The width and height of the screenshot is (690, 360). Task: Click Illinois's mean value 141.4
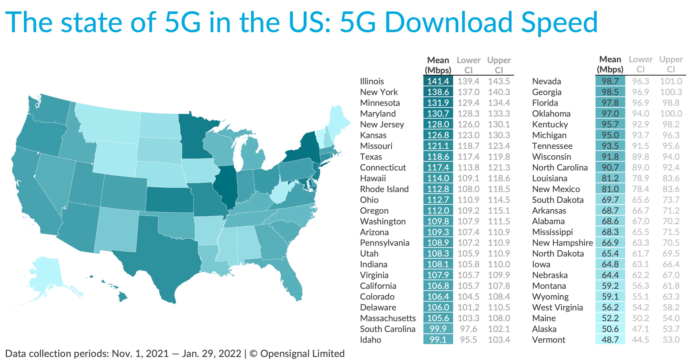click(438, 81)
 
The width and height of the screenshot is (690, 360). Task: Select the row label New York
click(379, 92)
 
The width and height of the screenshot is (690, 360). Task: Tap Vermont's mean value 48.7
click(610, 340)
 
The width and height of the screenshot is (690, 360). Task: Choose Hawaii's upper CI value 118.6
click(499, 178)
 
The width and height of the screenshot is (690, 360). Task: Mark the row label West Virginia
click(557, 307)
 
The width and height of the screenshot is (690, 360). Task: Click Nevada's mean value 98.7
click(610, 81)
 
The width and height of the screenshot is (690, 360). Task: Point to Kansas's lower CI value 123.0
click(468, 135)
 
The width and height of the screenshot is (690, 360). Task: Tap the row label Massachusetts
click(388, 318)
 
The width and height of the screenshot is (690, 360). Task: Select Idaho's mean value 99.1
click(438, 340)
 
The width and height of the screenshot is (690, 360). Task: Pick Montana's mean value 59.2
click(610, 286)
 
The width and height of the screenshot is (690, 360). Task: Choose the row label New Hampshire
click(563, 243)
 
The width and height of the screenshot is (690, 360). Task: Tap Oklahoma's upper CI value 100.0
click(671, 114)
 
